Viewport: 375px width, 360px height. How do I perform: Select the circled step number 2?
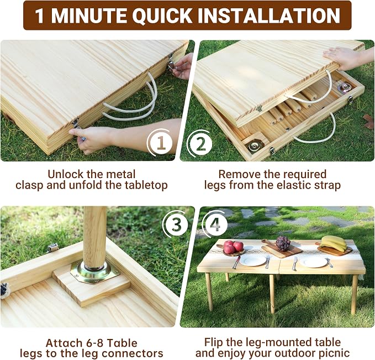[x=200, y=144]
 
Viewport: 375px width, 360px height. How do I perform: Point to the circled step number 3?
[x=176, y=225]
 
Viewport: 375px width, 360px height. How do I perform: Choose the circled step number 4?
[x=216, y=225]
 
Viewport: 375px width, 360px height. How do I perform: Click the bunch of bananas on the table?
[x=334, y=243]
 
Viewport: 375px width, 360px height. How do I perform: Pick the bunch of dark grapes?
[x=283, y=243]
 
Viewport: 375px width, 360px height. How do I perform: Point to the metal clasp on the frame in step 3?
[x=53, y=247]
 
